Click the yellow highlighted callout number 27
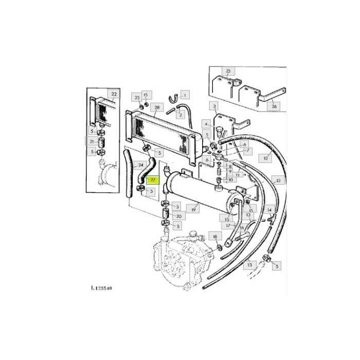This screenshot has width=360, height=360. point(152,180)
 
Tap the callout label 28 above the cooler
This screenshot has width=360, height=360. point(156,107)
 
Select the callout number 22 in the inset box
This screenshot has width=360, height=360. point(114,94)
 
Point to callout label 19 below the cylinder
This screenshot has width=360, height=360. point(194,209)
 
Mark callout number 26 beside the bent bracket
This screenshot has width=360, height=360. point(274,107)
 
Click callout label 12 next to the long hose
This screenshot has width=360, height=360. point(266,158)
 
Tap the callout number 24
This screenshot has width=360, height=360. point(141,166)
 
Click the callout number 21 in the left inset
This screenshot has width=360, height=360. point(92,141)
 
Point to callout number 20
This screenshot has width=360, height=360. point(178,217)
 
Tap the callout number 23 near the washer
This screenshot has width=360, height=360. point(137,97)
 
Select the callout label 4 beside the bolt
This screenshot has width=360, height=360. point(205,124)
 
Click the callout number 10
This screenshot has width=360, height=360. point(230,179)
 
